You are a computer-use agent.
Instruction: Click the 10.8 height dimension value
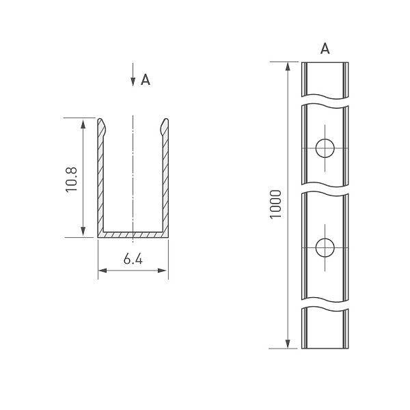click(71, 179)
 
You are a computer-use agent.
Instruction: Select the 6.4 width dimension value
click(133, 260)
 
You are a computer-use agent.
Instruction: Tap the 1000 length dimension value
click(275, 204)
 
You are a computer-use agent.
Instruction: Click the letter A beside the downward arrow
click(146, 80)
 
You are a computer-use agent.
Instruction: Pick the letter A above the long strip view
click(325, 49)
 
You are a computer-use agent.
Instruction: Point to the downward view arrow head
click(133, 81)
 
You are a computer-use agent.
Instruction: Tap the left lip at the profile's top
click(102, 127)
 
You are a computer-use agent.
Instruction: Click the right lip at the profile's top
click(164, 127)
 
